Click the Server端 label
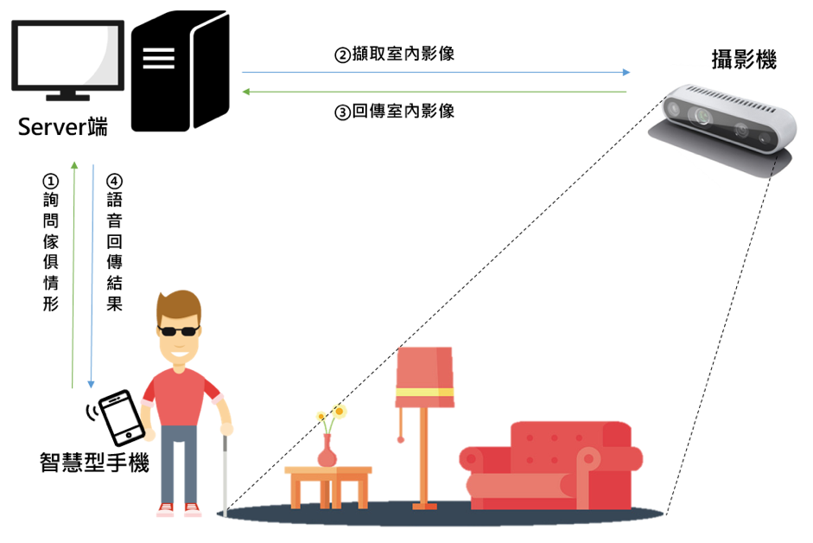(x=63, y=130)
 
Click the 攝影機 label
(x=743, y=61)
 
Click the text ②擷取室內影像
(x=395, y=54)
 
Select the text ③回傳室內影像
(x=395, y=112)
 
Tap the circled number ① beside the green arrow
(x=51, y=182)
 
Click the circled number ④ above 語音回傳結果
(x=113, y=182)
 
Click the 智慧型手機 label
(x=94, y=463)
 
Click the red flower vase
(x=327, y=452)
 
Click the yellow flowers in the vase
(x=331, y=415)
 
